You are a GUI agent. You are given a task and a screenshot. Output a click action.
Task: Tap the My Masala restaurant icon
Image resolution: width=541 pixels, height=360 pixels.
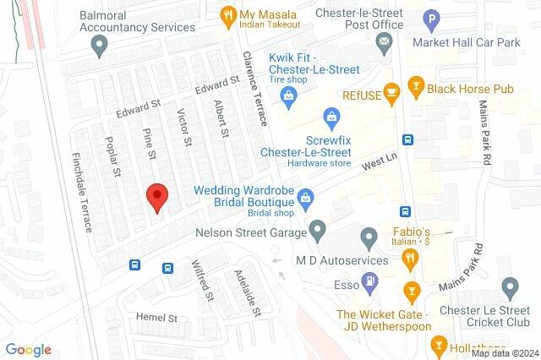[227, 15]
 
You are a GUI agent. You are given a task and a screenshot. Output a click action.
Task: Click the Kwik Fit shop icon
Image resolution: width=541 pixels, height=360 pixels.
[289, 96]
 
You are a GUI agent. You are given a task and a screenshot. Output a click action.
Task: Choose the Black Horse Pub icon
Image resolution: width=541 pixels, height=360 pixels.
[415, 85]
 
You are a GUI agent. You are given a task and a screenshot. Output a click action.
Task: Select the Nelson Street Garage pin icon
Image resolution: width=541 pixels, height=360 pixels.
[317, 228]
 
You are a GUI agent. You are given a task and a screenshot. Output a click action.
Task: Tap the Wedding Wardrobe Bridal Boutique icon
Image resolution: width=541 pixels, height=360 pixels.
[306, 199]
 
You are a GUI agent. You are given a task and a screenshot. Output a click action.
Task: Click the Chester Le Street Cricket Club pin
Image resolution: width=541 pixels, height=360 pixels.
[509, 287]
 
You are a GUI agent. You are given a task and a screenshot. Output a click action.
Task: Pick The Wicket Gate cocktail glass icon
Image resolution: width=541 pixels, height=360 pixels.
[412, 292]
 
